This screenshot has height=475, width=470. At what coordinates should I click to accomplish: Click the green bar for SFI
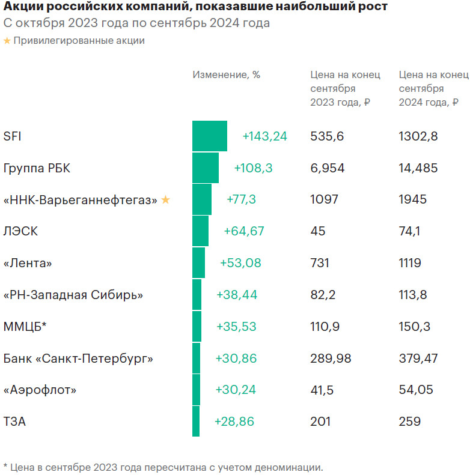click(210, 136)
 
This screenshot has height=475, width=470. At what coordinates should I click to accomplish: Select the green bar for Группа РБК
click(206, 168)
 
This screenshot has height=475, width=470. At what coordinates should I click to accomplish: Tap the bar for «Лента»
click(198, 263)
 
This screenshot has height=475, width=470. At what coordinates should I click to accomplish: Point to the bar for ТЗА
click(195, 422)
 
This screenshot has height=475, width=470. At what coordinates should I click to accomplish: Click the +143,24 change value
click(264, 136)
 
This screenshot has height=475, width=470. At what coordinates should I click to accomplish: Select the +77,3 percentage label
click(241, 199)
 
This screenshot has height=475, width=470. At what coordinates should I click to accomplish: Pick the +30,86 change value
click(236, 359)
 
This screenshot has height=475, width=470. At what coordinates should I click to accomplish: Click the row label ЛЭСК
click(20, 231)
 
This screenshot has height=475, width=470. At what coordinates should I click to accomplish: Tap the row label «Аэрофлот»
click(40, 390)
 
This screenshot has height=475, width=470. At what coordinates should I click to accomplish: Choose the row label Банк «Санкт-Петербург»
click(78, 359)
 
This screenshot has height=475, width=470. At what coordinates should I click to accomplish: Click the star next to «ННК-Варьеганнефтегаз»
click(166, 199)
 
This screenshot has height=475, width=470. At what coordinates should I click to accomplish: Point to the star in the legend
click(7, 41)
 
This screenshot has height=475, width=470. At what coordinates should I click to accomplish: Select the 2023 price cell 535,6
click(327, 136)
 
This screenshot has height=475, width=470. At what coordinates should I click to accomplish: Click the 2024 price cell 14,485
click(418, 168)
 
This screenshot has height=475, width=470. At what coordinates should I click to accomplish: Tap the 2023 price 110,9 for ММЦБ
click(325, 327)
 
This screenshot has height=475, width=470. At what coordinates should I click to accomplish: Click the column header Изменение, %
click(226, 74)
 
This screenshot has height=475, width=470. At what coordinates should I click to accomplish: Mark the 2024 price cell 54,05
click(415, 390)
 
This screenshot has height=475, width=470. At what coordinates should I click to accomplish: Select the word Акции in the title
click(22, 7)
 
